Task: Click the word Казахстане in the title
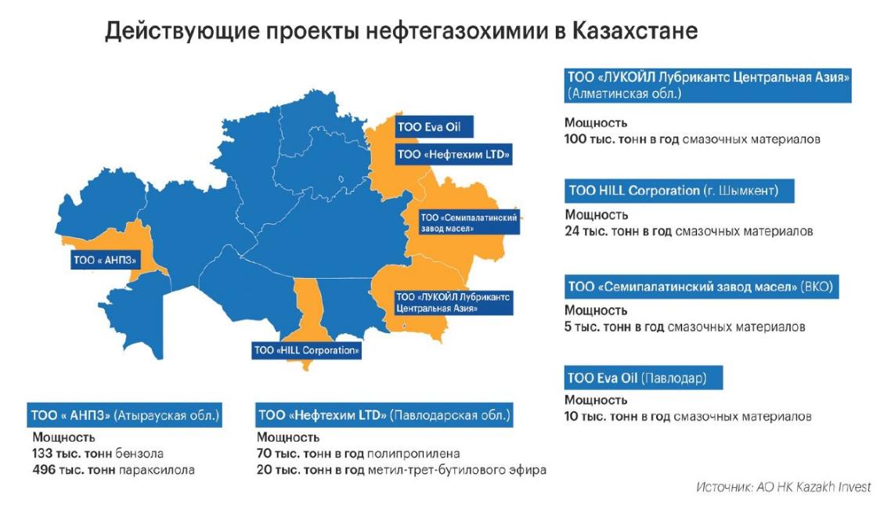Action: coord(634,31)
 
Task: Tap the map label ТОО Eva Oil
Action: coord(434,127)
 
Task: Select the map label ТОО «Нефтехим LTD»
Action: coord(453,154)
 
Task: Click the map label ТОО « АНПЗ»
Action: coord(106,260)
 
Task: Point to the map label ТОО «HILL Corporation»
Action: coord(306,350)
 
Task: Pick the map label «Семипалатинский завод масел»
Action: coord(468,222)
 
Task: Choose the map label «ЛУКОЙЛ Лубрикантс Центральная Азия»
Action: coord(453,302)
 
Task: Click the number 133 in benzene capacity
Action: coord(42,454)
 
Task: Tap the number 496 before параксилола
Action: coord(42,470)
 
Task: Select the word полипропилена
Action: coord(413,454)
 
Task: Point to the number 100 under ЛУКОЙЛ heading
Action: coord(575,139)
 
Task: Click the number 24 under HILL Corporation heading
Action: coord(572,231)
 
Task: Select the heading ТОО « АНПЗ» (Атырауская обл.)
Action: coord(124,416)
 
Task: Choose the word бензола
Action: coord(139,454)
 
